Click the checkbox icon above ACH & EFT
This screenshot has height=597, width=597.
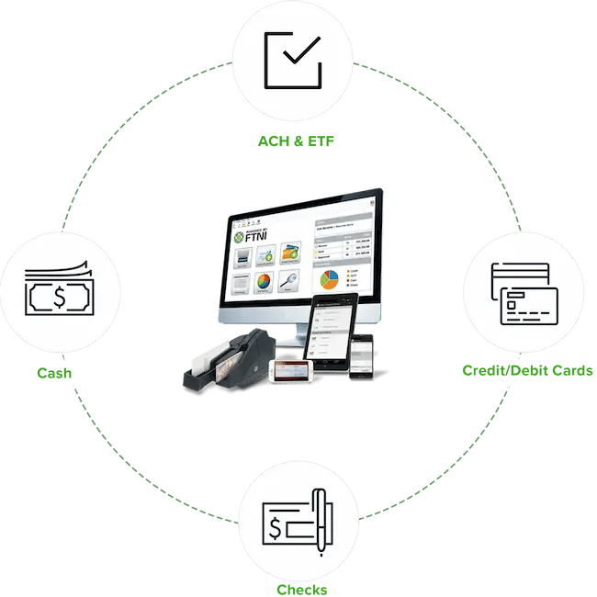click(x=293, y=59)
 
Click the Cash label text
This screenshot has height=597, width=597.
click(x=55, y=374)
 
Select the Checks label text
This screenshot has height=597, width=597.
click(x=300, y=589)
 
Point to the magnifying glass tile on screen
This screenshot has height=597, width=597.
click(x=291, y=281)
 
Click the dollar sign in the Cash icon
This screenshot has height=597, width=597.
click(x=58, y=297)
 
